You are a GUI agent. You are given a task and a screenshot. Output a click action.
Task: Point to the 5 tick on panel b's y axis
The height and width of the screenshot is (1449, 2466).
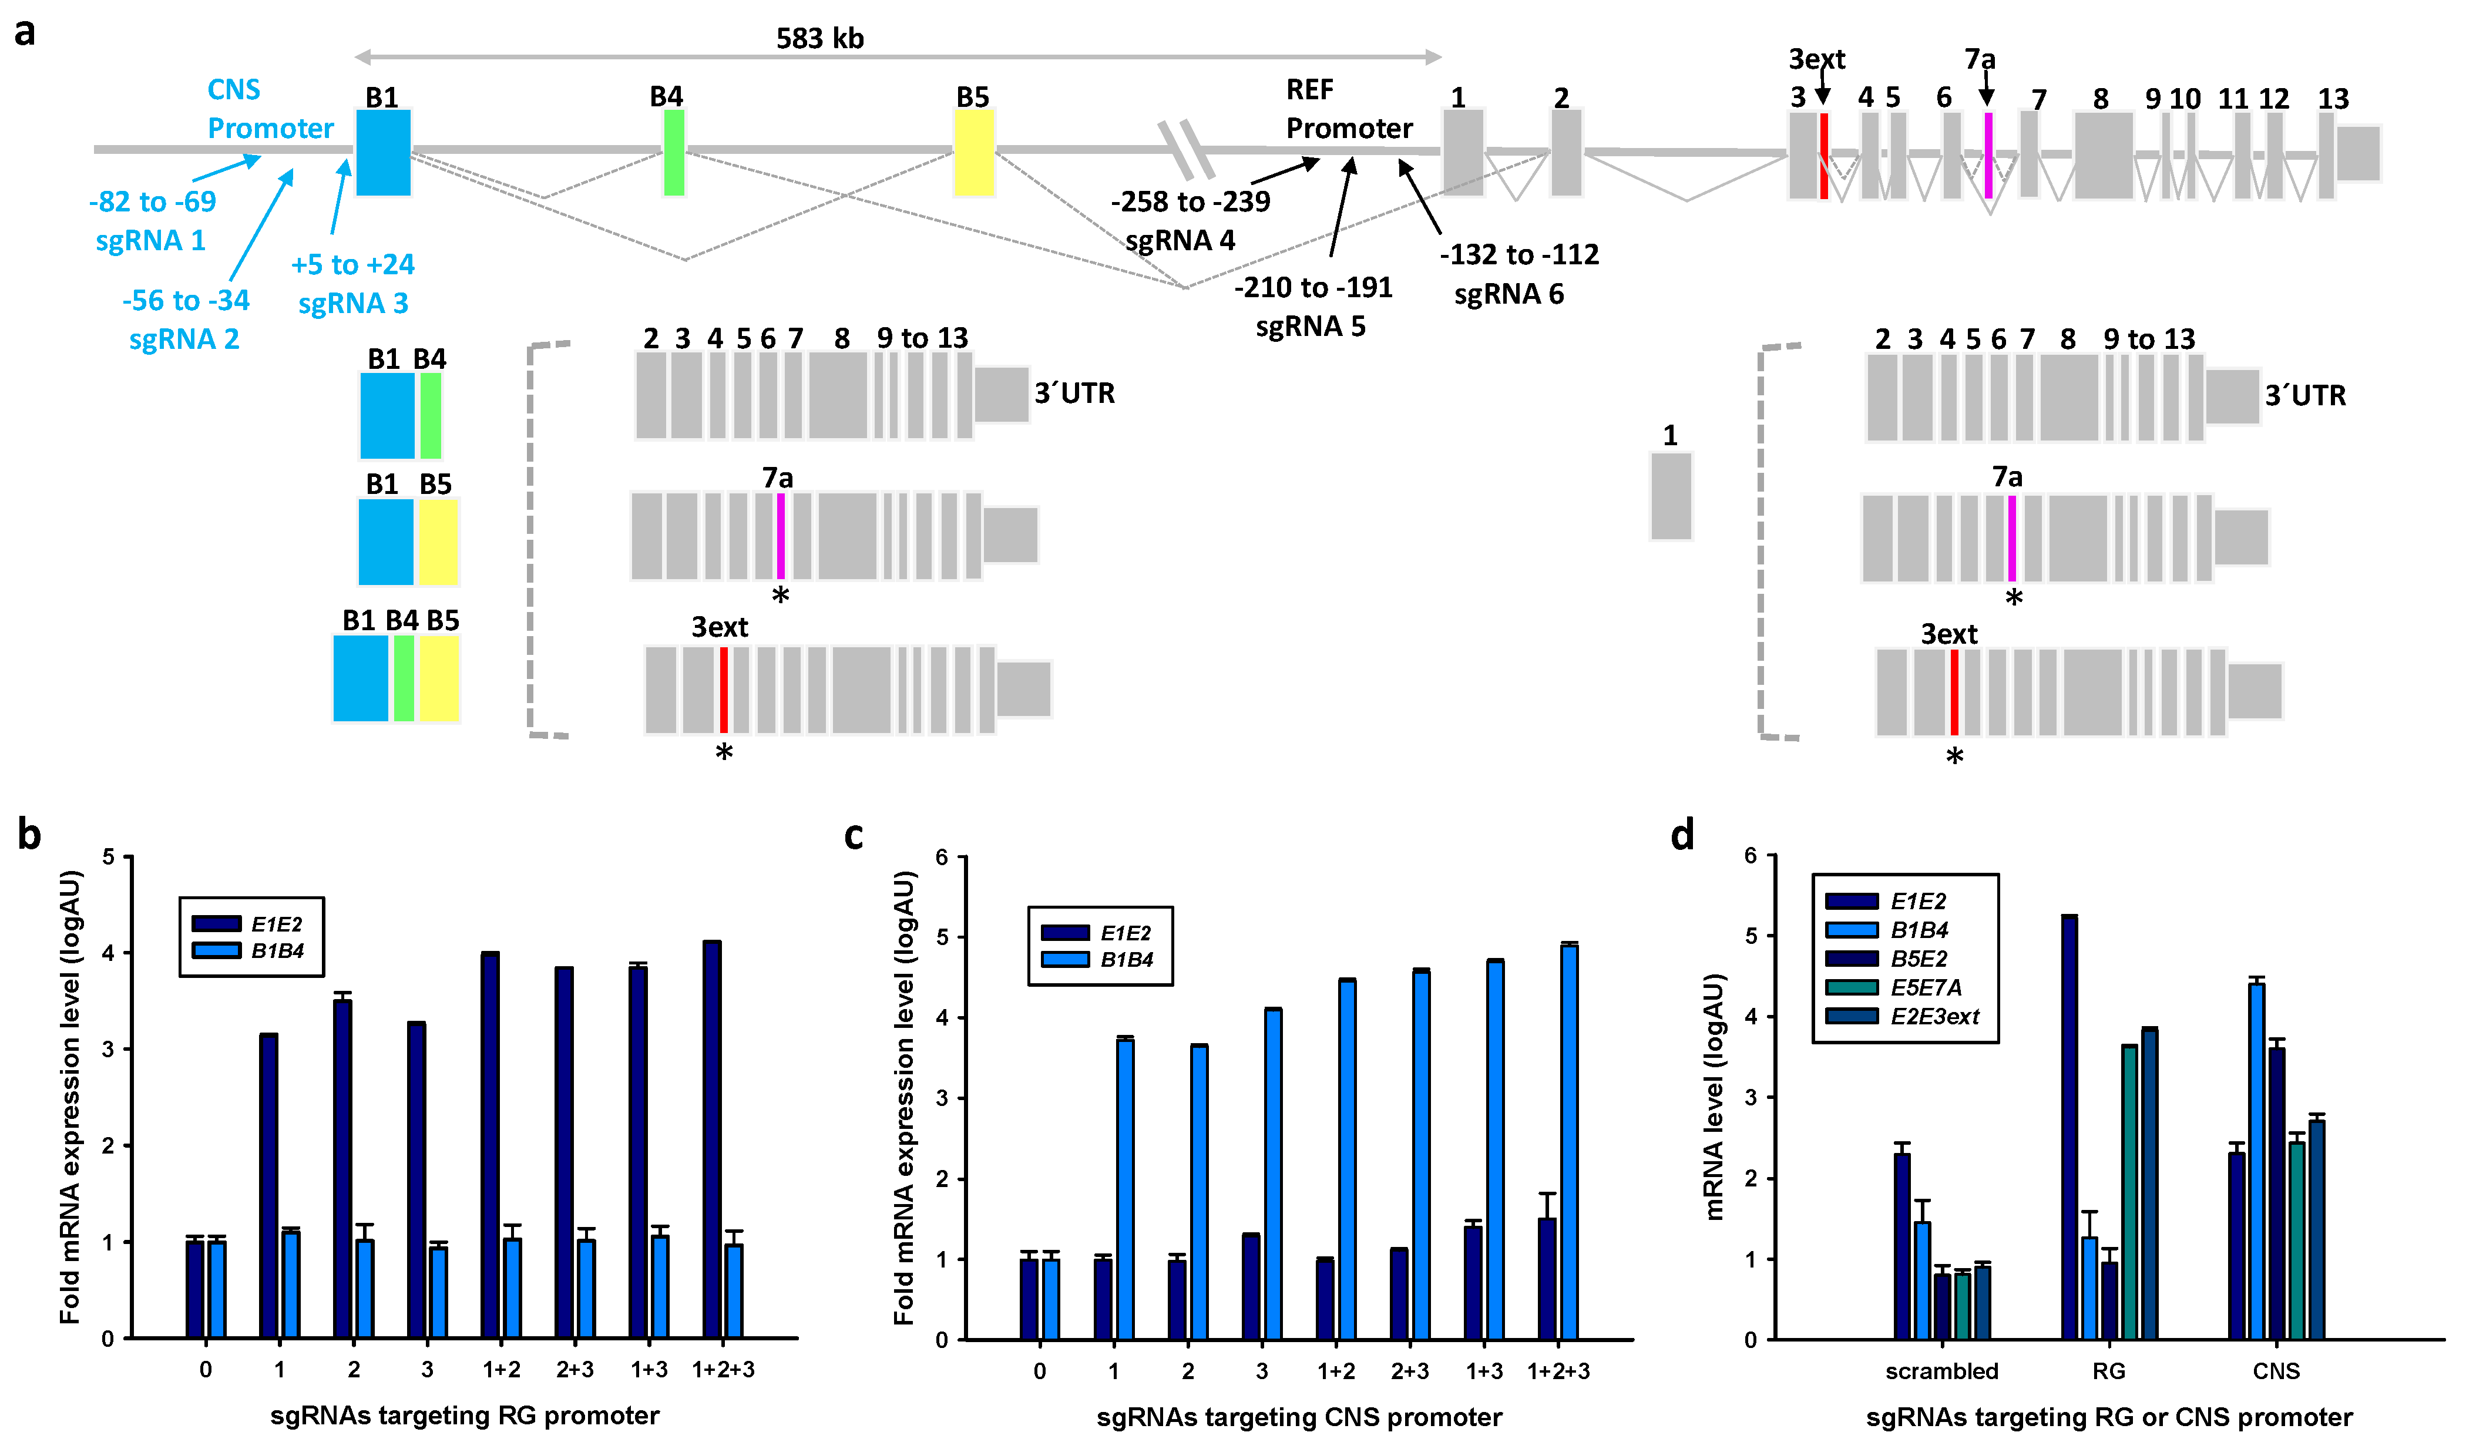pyautogui.click(x=109, y=857)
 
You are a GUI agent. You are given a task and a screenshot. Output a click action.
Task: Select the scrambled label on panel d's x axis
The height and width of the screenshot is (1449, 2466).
pyautogui.click(x=1941, y=1371)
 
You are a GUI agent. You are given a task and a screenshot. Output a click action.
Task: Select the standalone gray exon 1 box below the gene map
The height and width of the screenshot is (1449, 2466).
pyautogui.click(x=1671, y=496)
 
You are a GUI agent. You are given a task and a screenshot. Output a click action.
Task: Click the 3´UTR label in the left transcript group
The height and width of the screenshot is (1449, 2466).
pyautogui.click(x=1074, y=394)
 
